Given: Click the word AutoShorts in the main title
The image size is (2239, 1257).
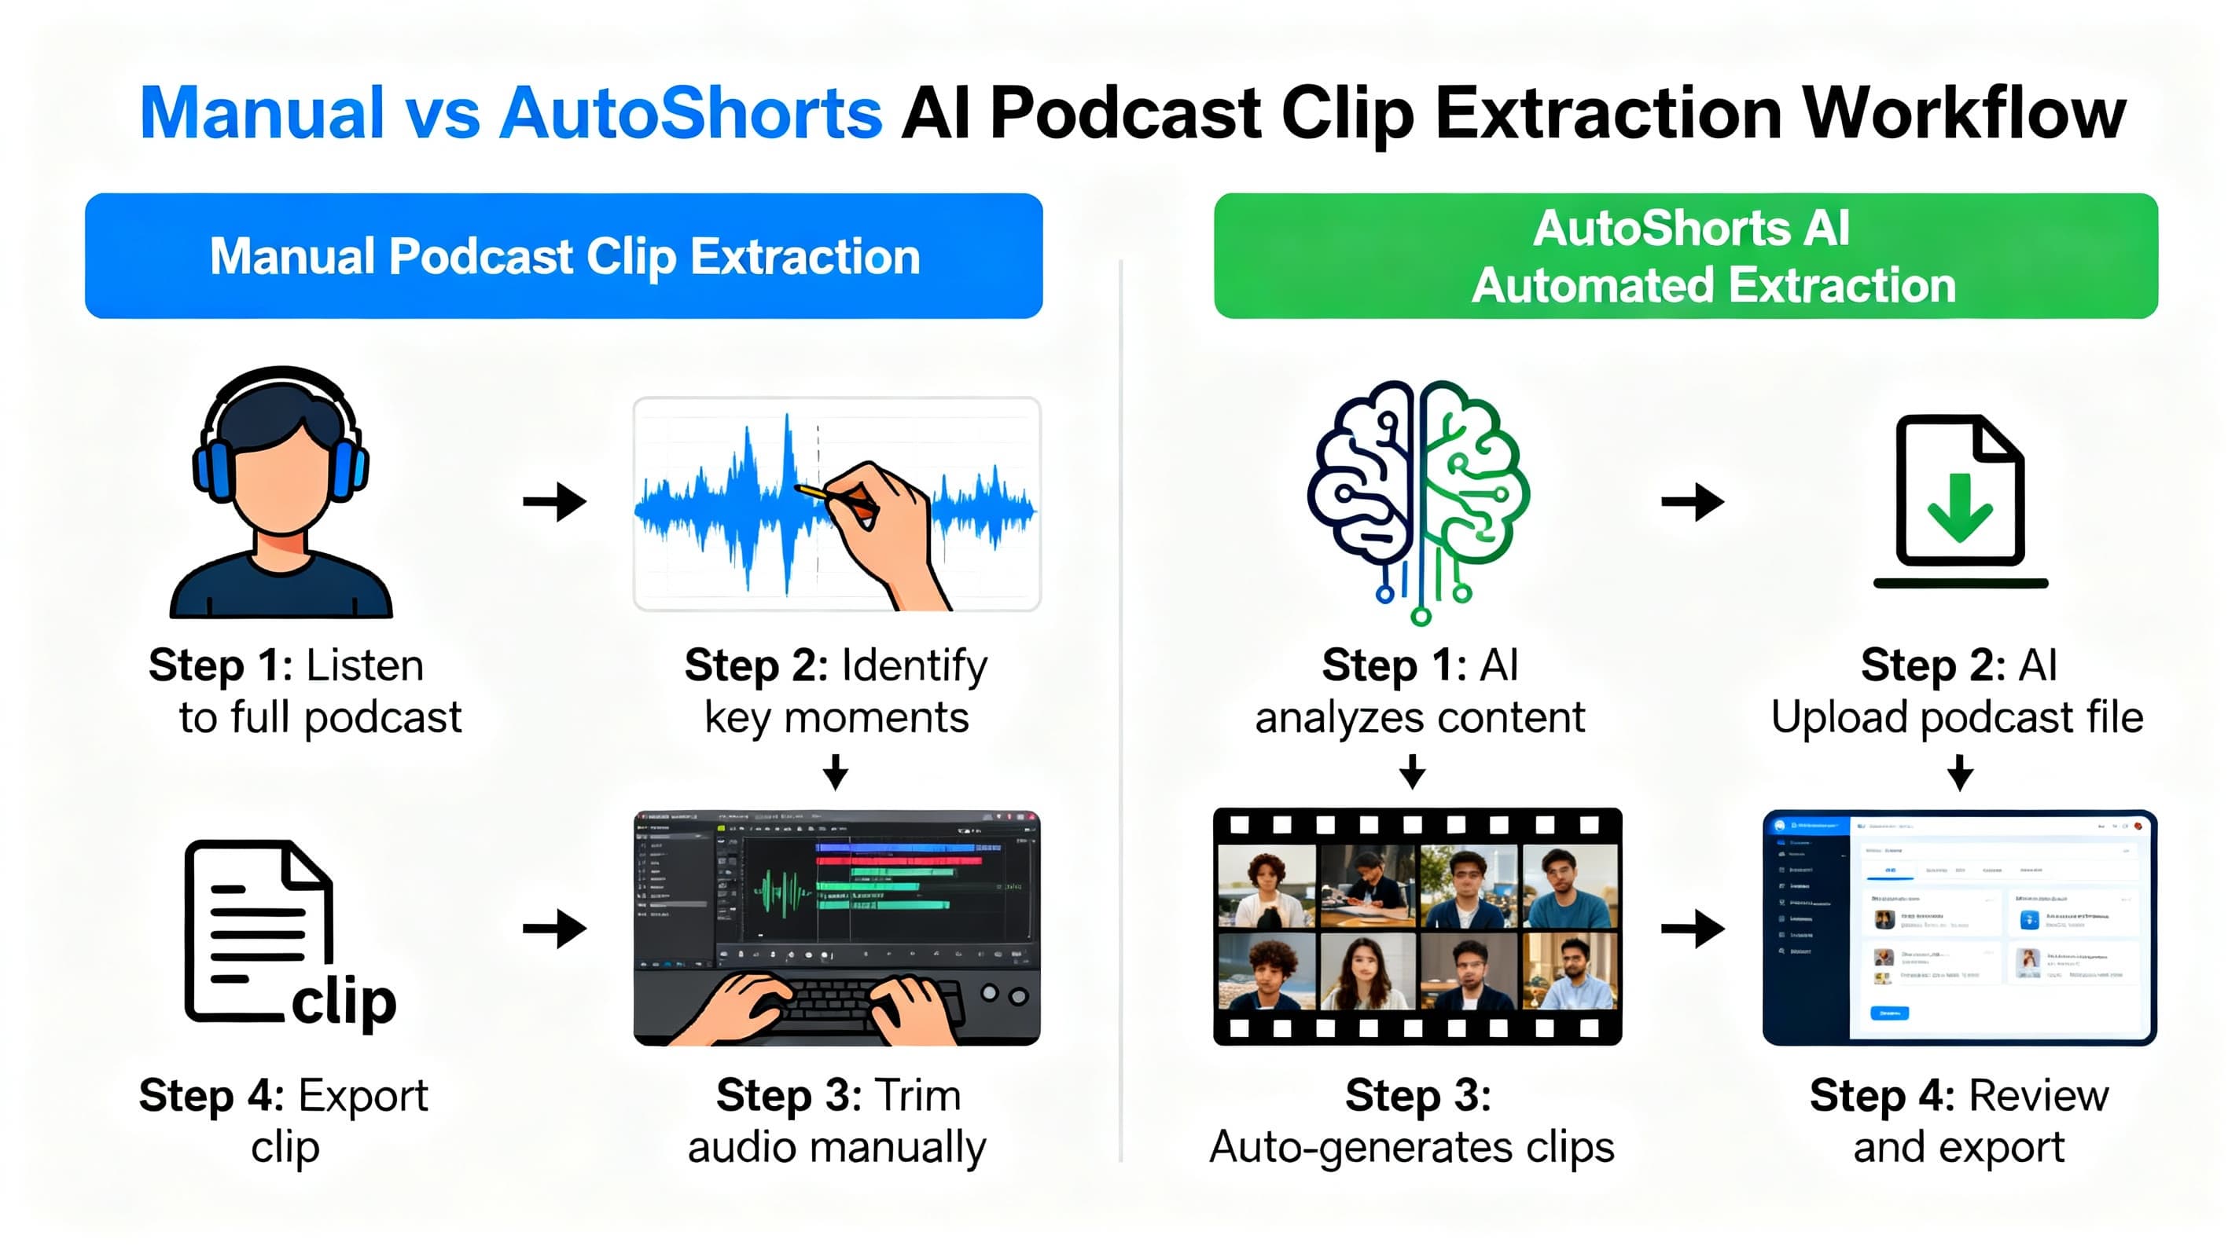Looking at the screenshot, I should [690, 114].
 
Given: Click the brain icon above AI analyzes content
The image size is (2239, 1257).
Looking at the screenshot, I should [1418, 495].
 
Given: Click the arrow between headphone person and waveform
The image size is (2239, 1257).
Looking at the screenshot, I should [554, 501].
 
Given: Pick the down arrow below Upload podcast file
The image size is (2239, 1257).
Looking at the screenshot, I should [1959, 771].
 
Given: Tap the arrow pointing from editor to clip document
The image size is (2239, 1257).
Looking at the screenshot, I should [554, 929].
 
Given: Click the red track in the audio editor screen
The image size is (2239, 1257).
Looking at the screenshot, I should [899, 860].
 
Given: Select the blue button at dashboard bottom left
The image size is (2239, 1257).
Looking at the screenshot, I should [1888, 1012].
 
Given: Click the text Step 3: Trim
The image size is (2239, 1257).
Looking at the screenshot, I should [838, 1095].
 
